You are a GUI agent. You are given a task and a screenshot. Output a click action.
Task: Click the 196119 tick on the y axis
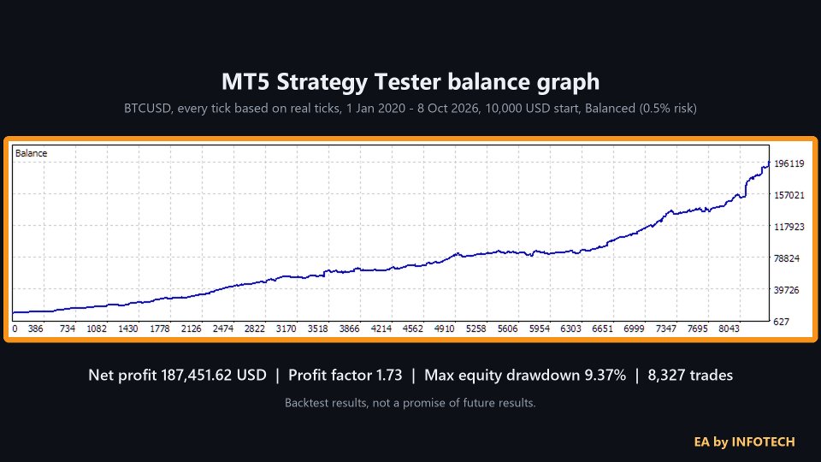click(789, 163)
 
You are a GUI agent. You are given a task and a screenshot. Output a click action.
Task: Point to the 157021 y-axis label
click(789, 195)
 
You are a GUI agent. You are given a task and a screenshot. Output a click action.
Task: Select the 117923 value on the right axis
click(789, 227)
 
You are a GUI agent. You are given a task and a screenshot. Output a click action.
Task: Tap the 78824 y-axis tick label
click(787, 258)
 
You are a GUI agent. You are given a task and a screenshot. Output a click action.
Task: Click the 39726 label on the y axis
click(787, 290)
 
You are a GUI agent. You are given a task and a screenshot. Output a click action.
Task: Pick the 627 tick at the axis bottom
click(781, 322)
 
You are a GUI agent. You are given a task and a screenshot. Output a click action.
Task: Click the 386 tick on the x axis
click(36, 329)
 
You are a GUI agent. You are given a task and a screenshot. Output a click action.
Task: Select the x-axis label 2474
click(223, 329)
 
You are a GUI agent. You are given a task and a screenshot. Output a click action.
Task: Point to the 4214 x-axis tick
click(381, 329)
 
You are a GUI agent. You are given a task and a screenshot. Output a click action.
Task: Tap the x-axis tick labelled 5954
click(540, 329)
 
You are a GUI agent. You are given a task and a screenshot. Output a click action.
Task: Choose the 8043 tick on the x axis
click(729, 329)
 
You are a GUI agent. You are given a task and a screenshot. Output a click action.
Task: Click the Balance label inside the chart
click(32, 153)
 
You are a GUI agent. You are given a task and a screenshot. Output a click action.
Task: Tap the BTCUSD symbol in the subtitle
click(148, 109)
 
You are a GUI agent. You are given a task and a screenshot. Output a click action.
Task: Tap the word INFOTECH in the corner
click(763, 442)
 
